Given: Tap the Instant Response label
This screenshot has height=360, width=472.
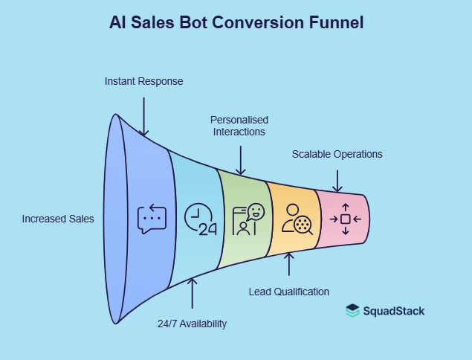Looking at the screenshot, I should tap(143, 80).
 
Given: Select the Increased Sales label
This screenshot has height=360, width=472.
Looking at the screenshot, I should tap(58, 219).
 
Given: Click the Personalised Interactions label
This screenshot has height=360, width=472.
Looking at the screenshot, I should tap(239, 126).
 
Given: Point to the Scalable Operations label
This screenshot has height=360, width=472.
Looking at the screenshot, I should tap(337, 155).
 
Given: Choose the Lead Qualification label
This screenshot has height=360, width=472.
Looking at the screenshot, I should tap(288, 291).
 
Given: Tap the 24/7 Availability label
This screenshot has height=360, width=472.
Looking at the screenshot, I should tap(192, 324).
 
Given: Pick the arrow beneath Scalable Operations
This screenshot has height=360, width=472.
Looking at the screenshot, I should tap(337, 179).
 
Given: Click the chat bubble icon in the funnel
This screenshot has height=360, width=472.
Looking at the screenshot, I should tap(152, 219).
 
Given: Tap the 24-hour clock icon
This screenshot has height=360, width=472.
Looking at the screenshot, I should tap(198, 219).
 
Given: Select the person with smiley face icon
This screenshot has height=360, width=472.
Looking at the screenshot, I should tap(248, 219).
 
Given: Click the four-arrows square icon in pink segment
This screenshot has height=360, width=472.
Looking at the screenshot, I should tap(345, 219).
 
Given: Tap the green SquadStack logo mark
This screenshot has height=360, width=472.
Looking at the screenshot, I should tap(353, 311).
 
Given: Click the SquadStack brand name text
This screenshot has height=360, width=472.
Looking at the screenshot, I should tap(394, 311).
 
